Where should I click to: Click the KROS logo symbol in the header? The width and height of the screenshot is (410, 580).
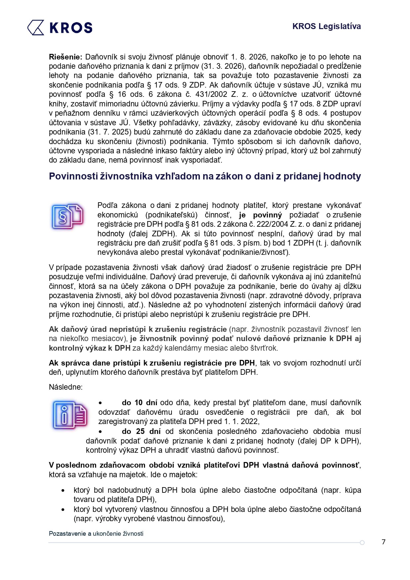click(36, 27)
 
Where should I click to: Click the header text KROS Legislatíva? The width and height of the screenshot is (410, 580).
click(326, 26)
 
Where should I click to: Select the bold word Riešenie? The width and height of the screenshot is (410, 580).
click(65, 57)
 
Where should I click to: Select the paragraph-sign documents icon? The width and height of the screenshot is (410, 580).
click(67, 216)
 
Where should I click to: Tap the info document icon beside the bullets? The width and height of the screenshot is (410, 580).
click(69, 415)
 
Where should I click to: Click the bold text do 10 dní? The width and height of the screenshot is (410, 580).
click(139, 403)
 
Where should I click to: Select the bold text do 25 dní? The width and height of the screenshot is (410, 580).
click(141, 431)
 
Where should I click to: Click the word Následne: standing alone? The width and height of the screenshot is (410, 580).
click(66, 387)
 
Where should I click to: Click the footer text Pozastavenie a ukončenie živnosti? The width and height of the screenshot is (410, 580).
click(96, 533)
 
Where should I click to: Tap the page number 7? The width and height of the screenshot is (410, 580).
click(383, 542)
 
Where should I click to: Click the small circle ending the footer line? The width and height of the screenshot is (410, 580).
click(362, 543)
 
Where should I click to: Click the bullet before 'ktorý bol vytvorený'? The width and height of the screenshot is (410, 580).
click(63, 510)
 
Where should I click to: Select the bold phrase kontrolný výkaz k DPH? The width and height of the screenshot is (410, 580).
click(90, 348)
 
